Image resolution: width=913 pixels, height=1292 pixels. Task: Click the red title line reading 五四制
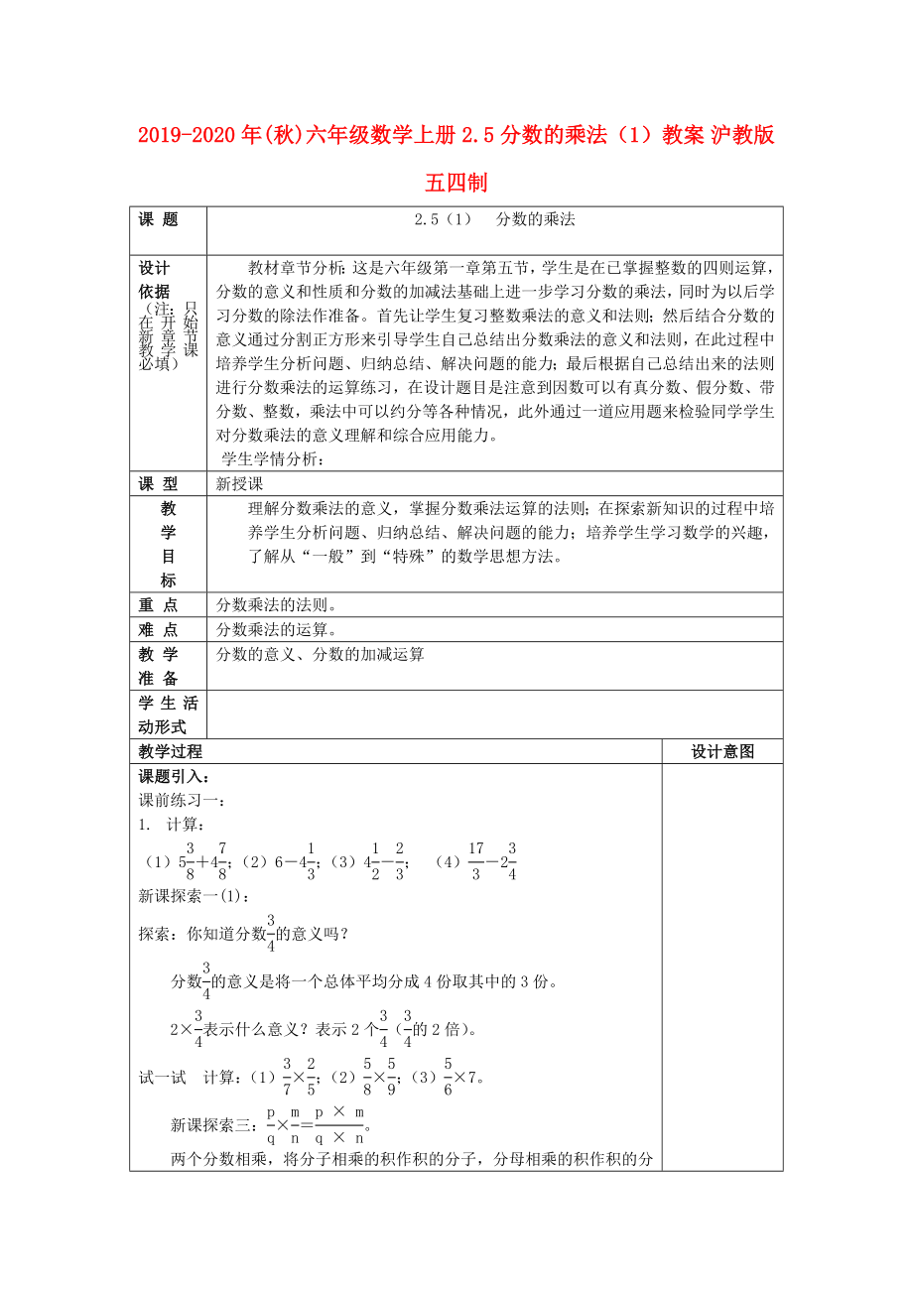point(456,184)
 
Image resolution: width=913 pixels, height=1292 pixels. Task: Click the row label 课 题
point(159,220)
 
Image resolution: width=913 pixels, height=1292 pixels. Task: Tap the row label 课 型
point(159,483)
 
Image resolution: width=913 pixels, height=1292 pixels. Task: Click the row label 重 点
point(159,604)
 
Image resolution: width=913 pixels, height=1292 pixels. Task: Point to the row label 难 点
point(159,629)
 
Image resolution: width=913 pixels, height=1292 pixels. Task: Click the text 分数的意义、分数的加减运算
point(320,654)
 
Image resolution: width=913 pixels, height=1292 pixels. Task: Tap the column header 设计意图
point(722,751)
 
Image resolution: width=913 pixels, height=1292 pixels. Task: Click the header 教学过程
point(171,751)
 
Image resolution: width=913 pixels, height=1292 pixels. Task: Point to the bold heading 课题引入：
point(174,776)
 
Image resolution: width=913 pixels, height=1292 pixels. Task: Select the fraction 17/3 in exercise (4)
point(476,860)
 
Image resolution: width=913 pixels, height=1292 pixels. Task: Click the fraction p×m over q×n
point(340,1125)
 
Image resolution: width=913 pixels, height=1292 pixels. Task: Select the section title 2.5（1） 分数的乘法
point(494,220)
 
